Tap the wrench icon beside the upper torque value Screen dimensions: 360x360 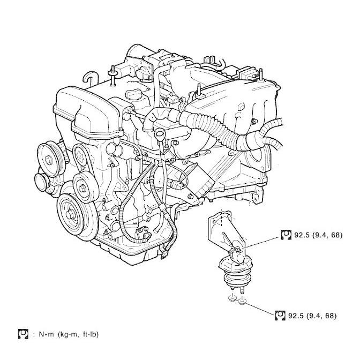coord(286,235)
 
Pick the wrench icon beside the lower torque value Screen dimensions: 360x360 coord(280,316)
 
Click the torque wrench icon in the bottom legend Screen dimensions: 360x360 coord(23,334)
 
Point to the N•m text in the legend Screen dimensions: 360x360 coord(46,334)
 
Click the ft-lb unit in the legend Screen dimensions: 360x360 coord(91,334)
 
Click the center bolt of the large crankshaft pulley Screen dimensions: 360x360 coord(70,215)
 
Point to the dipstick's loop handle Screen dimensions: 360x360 coord(160,133)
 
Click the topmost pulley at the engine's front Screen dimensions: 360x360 coord(49,160)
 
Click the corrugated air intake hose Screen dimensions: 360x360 coord(214,129)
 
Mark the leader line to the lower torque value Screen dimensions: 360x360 coord(260,309)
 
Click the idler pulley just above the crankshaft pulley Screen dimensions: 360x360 coord(83,187)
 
